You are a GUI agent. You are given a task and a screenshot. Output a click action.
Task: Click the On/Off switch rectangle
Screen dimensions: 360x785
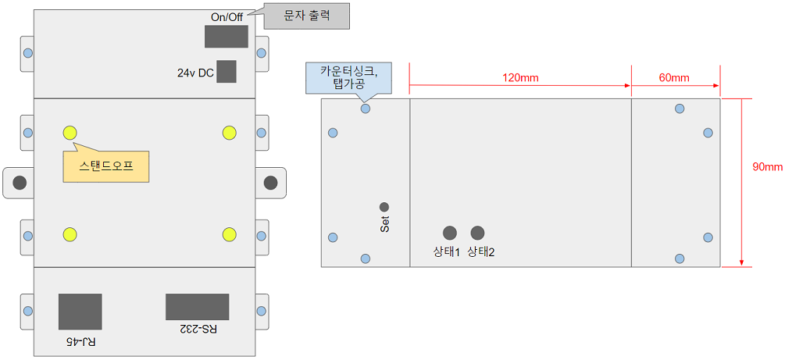(226, 37)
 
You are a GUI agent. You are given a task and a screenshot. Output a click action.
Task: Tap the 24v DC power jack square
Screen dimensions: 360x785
(226, 72)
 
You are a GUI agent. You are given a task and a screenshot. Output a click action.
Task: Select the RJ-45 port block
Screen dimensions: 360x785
(80, 312)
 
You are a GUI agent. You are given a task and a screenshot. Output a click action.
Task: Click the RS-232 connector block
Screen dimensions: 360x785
(197, 307)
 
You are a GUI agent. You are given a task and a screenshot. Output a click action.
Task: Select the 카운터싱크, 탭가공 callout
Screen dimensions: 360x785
(348, 77)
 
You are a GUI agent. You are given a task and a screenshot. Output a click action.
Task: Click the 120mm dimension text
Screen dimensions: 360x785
(520, 78)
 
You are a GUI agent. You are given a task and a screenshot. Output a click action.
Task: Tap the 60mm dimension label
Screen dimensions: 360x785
(674, 78)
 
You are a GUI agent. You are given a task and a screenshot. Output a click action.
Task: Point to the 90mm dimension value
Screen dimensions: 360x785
(767, 167)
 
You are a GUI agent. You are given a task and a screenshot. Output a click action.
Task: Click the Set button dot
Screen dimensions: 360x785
(384, 207)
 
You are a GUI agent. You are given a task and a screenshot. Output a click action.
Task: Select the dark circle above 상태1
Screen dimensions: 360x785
(450, 233)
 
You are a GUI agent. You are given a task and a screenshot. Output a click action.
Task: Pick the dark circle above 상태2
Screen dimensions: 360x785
(477, 233)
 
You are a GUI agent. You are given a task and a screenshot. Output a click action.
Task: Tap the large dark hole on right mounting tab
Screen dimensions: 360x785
(270, 183)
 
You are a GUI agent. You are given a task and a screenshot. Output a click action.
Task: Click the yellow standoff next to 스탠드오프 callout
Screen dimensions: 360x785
(70, 132)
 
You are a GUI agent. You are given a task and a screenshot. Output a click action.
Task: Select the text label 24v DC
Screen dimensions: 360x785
(195, 73)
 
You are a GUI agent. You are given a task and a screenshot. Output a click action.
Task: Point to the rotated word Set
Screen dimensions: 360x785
(384, 224)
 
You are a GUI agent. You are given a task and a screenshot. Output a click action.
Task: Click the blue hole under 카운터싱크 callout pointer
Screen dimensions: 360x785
(366, 109)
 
